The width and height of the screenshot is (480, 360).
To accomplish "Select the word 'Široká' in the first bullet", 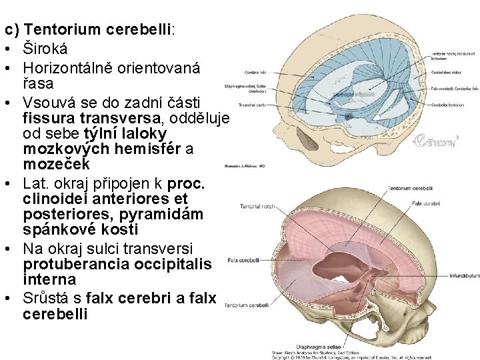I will point(45,49).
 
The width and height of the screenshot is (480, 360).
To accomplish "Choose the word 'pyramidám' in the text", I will point(171,213).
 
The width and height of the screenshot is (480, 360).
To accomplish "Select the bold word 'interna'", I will point(49,279).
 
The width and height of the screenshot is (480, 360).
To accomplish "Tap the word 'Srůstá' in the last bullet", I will point(49,298).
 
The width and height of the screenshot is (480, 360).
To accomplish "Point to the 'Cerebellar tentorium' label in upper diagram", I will point(449,104).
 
